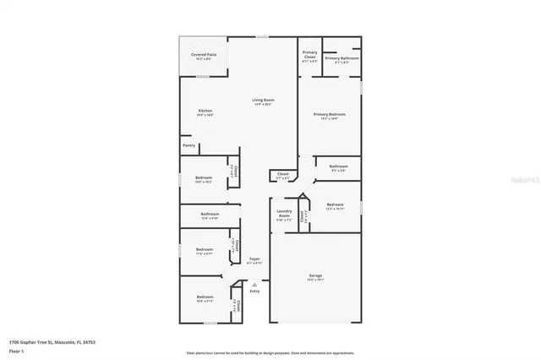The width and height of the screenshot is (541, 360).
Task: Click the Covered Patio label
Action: coord(202,55)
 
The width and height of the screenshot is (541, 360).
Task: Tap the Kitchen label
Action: coord(205,111)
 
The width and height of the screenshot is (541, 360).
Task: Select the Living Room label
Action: coord(263,101)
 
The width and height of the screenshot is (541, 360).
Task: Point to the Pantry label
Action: coord(189,145)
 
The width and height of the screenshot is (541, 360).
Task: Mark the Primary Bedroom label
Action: coord(329,114)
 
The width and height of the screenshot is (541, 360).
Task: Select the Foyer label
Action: coord(254,259)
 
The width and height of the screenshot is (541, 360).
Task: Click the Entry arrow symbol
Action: coord(254,286)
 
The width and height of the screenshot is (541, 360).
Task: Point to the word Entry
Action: coord(254,292)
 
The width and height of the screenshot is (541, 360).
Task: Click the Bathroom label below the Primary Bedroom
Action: coord(338,166)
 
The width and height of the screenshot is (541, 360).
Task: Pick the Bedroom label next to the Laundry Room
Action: coord(335,204)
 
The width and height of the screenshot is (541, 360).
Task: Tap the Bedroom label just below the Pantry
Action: coord(204,177)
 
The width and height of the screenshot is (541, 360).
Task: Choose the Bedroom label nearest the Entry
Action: coord(205,297)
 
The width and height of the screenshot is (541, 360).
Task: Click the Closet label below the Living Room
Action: coord(282,175)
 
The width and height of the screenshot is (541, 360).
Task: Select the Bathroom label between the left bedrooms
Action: coord(210,215)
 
